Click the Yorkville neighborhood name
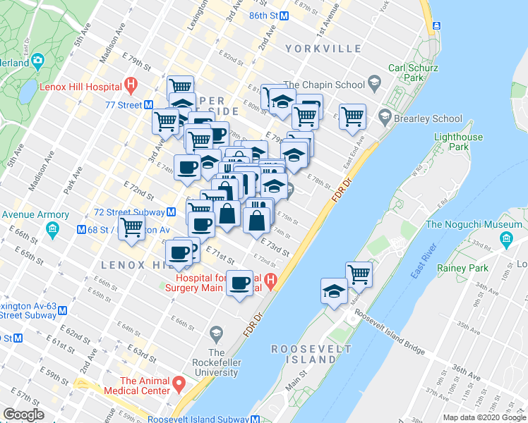(x=324, y=49)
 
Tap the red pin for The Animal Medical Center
(x=180, y=385)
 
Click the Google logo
(x=24, y=415)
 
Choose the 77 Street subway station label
(x=124, y=105)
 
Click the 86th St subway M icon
(x=284, y=15)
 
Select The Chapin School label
(x=324, y=85)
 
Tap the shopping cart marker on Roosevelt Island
(x=359, y=275)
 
